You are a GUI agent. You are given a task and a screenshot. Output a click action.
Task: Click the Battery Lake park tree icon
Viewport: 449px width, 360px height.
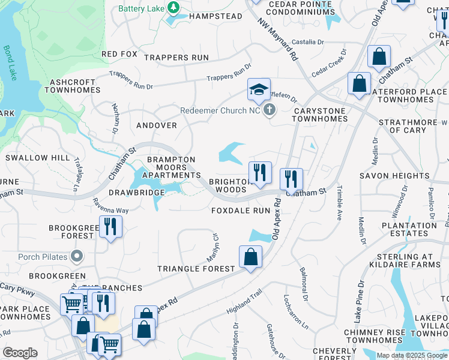pyautogui.click(x=173, y=8)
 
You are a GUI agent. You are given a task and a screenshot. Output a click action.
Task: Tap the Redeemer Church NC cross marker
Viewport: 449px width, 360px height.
pyautogui.click(x=269, y=110)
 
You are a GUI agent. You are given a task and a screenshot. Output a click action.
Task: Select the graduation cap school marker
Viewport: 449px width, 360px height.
pyautogui.click(x=259, y=91)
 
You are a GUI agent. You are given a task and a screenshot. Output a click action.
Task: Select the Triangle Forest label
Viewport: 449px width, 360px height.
pyautogui.click(x=196, y=269)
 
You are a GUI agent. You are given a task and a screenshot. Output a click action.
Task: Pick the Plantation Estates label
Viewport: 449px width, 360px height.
pyautogui.click(x=409, y=230)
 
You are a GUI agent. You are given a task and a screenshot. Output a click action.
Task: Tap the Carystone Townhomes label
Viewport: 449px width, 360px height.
pyautogui.click(x=319, y=115)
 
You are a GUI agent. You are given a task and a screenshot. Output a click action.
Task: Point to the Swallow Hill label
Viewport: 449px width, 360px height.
pyautogui.click(x=37, y=158)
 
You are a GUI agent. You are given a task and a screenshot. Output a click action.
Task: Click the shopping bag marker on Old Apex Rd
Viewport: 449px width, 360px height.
pyautogui.click(x=250, y=257)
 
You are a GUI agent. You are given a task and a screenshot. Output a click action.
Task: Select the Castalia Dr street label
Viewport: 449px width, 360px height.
pyautogui.click(x=307, y=43)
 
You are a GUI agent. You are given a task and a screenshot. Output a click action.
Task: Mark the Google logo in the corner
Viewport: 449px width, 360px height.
pyautogui.click(x=20, y=353)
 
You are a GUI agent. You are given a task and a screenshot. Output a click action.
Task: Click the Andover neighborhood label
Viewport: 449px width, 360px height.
pyautogui.click(x=157, y=125)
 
